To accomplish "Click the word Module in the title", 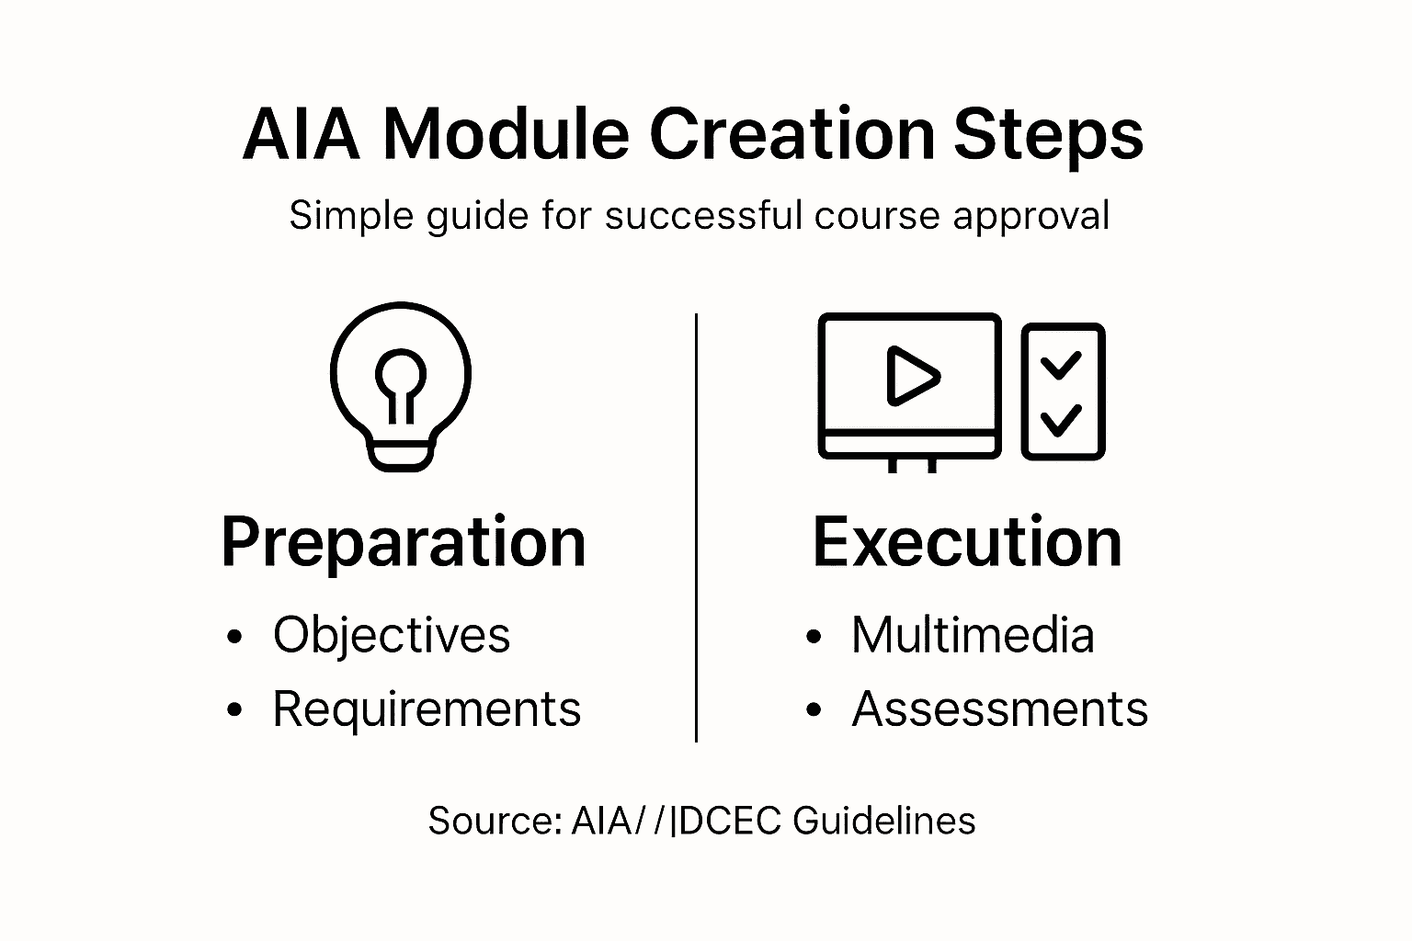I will [505, 134].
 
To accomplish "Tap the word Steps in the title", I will [1047, 136].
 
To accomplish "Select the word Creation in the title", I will [791, 134].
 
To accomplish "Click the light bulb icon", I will [400, 386].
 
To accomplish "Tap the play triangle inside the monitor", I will [911, 376].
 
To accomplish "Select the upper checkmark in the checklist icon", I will [1062, 365].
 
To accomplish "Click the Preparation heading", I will [404, 543].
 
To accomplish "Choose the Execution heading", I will [967, 543].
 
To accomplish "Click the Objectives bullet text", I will [391, 636].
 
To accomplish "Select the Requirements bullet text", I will [427, 709].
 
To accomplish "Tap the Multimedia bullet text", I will [973, 636].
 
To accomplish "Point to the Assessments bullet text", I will [999, 709].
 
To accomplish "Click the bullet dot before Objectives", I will [235, 637].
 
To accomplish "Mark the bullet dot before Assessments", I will [813, 710].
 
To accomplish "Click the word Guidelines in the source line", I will [883, 821].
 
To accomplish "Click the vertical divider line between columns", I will [696, 527].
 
